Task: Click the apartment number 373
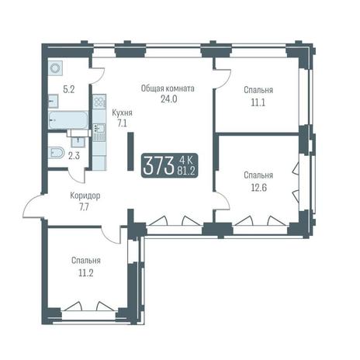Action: pos(157,165)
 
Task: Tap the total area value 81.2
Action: pos(186,171)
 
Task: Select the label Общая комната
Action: pos(168,88)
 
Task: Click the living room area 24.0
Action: pos(169,99)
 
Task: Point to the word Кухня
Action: pos(122,113)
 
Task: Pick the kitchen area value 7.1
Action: pos(122,123)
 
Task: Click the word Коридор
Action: pos(85,196)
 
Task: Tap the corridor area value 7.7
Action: pos(85,207)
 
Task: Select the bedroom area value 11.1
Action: pos(258,102)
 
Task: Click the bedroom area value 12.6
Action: pos(258,188)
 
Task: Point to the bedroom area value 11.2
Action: pos(86,273)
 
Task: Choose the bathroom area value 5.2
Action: pos(69,90)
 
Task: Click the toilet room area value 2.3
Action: pos(74,156)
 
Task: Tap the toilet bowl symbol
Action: pos(56,153)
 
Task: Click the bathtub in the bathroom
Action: pos(68,119)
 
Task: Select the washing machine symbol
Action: pos(55,68)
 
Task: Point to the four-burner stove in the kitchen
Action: pos(99,101)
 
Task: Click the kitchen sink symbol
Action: pos(99,128)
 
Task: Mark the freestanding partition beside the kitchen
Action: pos(130,151)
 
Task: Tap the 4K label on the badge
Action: pos(185,161)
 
